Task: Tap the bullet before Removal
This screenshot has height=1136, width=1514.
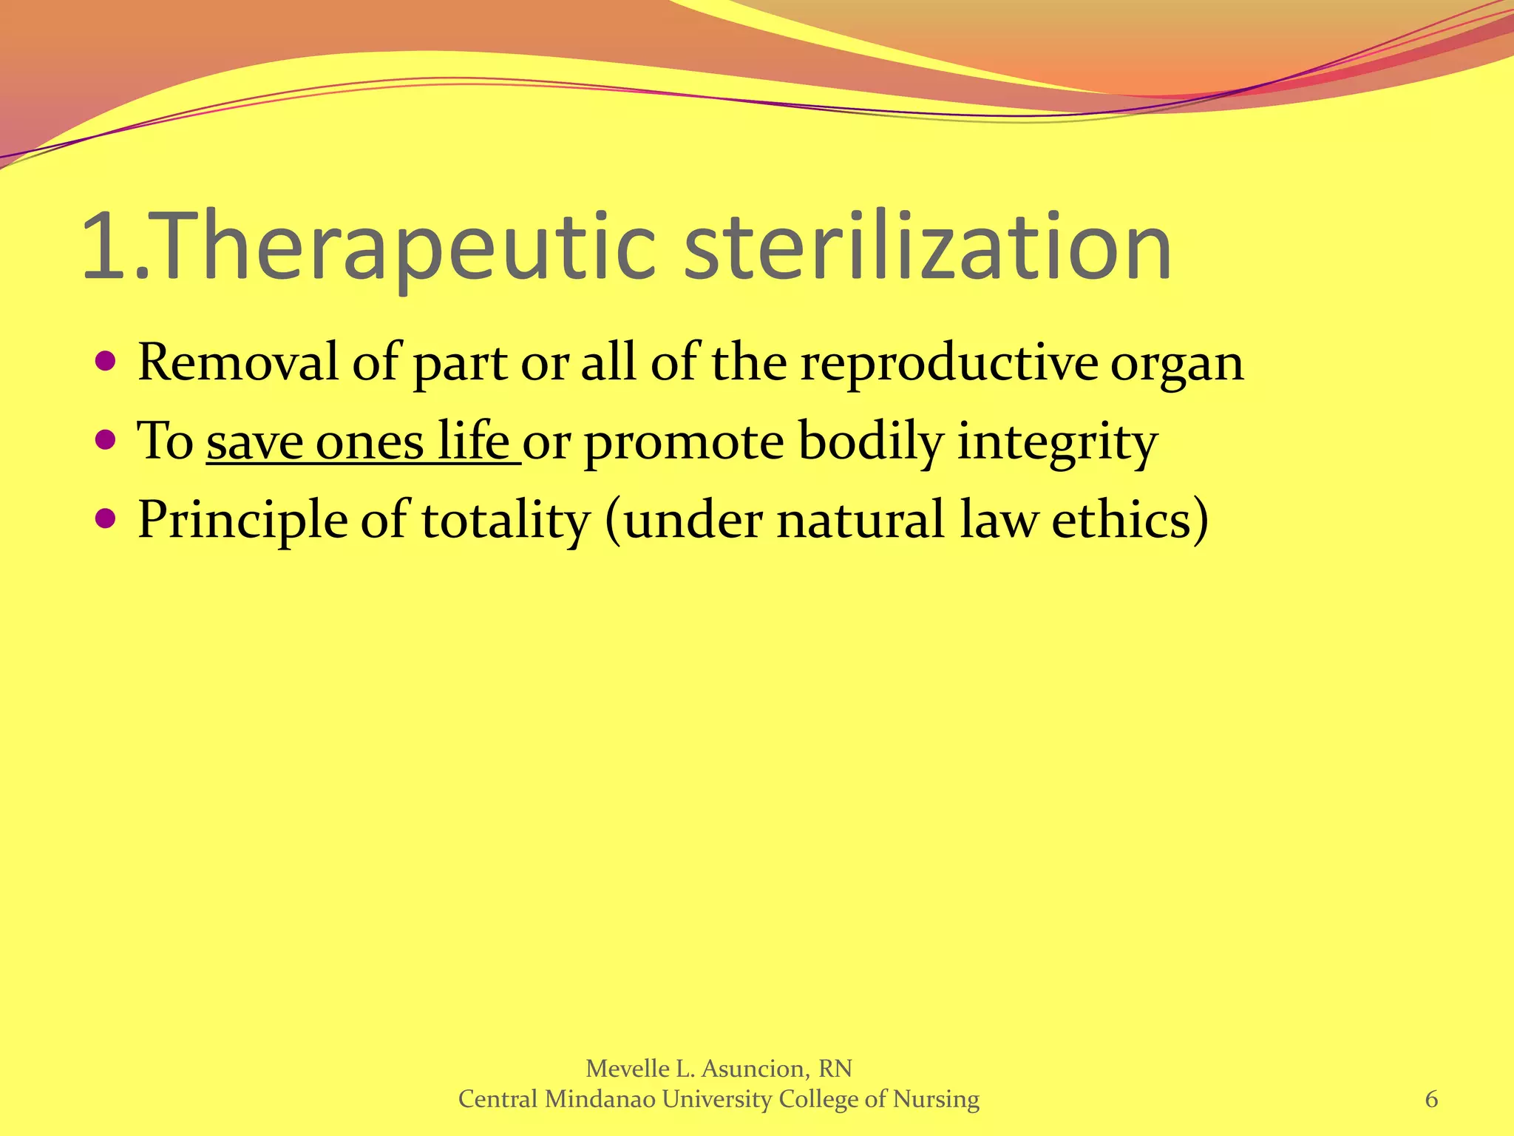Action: (106, 362)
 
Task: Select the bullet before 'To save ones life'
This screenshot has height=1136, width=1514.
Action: (106, 441)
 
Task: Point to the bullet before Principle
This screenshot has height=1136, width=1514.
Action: (106, 519)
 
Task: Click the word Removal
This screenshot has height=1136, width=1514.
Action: (237, 362)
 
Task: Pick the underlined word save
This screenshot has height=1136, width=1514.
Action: (255, 442)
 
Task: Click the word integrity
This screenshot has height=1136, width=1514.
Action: (1057, 442)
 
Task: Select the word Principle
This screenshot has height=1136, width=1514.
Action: (242, 521)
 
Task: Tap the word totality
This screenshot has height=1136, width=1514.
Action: (506, 521)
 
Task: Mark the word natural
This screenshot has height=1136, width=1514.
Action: (860, 519)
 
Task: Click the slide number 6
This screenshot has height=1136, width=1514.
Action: (1431, 1100)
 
